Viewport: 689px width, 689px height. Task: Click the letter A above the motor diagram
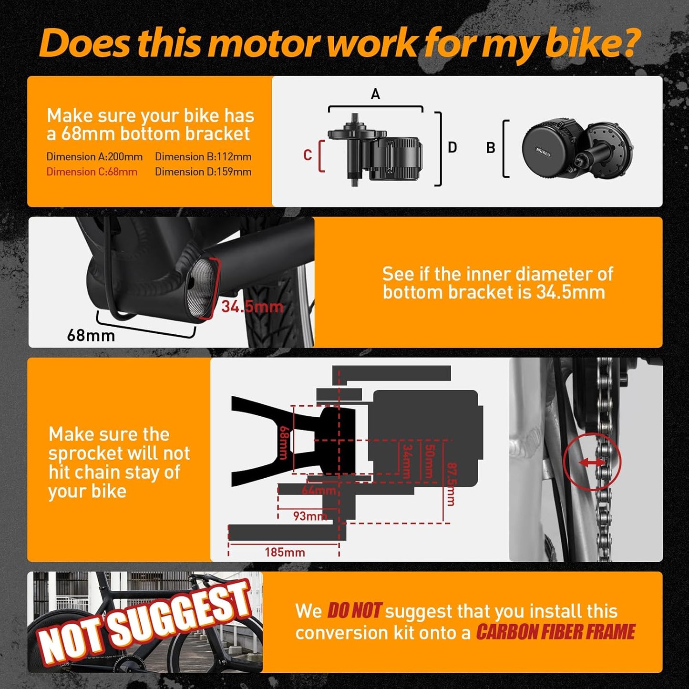(375, 94)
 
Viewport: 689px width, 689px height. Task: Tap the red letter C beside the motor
(308, 155)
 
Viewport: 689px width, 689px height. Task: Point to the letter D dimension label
(452, 148)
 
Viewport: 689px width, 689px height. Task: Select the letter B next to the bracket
(490, 148)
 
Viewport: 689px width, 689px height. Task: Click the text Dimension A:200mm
(94, 157)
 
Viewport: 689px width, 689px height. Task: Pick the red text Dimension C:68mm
(92, 172)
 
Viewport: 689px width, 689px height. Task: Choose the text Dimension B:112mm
(203, 157)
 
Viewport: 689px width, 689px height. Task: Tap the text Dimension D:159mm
(203, 172)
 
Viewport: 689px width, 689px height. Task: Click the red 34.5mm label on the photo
(252, 307)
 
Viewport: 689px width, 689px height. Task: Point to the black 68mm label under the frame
(91, 336)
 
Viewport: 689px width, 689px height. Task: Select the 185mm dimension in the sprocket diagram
(285, 552)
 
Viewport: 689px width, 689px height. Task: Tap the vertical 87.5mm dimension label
(450, 484)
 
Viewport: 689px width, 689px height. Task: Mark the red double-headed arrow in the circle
(592, 462)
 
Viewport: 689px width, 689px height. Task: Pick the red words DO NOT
(354, 611)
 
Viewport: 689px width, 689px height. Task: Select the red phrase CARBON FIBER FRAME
(555, 632)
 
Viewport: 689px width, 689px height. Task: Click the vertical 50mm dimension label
(429, 461)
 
